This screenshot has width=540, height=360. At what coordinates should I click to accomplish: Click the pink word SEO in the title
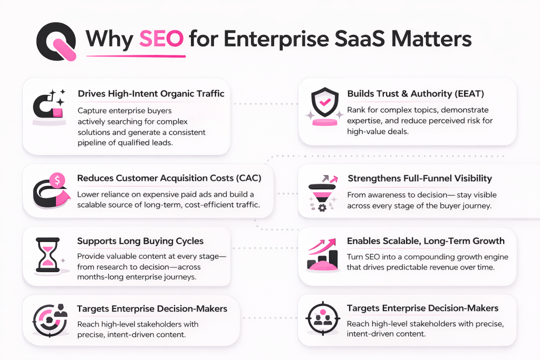[x=161, y=40]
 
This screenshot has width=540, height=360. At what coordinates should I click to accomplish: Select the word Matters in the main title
[x=425, y=40]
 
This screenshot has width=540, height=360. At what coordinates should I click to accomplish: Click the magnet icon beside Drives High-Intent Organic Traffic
[x=48, y=106]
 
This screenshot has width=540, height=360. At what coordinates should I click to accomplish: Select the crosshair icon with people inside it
[x=322, y=318]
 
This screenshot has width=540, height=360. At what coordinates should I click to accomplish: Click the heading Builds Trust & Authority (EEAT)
[x=416, y=94]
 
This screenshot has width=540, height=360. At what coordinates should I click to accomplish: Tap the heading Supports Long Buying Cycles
[x=140, y=241]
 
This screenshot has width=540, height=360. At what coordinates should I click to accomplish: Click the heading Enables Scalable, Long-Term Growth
[x=426, y=241]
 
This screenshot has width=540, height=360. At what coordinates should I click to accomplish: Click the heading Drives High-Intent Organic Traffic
[x=151, y=94]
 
